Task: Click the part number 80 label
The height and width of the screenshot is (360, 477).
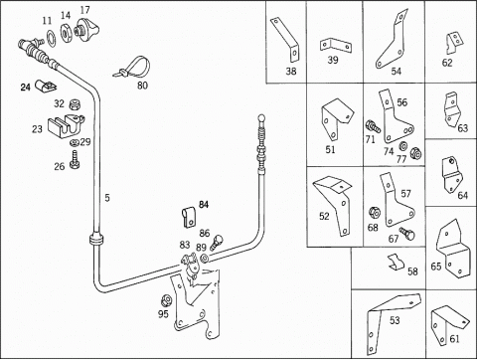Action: click(x=142, y=86)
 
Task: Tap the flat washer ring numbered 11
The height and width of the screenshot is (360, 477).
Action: click(x=51, y=38)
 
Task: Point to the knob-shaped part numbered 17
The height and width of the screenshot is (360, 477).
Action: click(x=86, y=28)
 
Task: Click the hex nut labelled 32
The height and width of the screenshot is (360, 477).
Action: click(x=76, y=105)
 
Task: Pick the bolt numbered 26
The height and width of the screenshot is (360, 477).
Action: click(x=75, y=160)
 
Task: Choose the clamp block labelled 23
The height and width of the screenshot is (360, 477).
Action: click(x=67, y=126)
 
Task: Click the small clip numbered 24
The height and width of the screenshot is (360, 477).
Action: click(x=46, y=86)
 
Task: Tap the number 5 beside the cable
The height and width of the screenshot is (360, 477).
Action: click(x=107, y=198)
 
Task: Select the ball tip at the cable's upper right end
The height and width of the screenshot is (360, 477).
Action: click(x=261, y=117)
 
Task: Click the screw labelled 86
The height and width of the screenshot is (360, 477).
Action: click(x=216, y=242)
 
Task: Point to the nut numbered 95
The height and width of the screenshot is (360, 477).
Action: click(x=166, y=301)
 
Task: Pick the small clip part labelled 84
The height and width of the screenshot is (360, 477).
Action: click(x=189, y=218)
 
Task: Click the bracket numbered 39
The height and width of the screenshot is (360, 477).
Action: click(x=336, y=46)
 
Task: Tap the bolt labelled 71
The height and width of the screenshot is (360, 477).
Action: click(x=374, y=126)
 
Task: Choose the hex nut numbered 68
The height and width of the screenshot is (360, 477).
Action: click(x=375, y=213)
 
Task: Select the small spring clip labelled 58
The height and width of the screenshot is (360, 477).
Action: click(x=397, y=263)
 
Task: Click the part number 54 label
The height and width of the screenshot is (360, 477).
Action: click(x=396, y=71)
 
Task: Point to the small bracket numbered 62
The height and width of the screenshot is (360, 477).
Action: click(x=454, y=43)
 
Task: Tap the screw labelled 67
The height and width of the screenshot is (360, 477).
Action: click(x=407, y=233)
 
